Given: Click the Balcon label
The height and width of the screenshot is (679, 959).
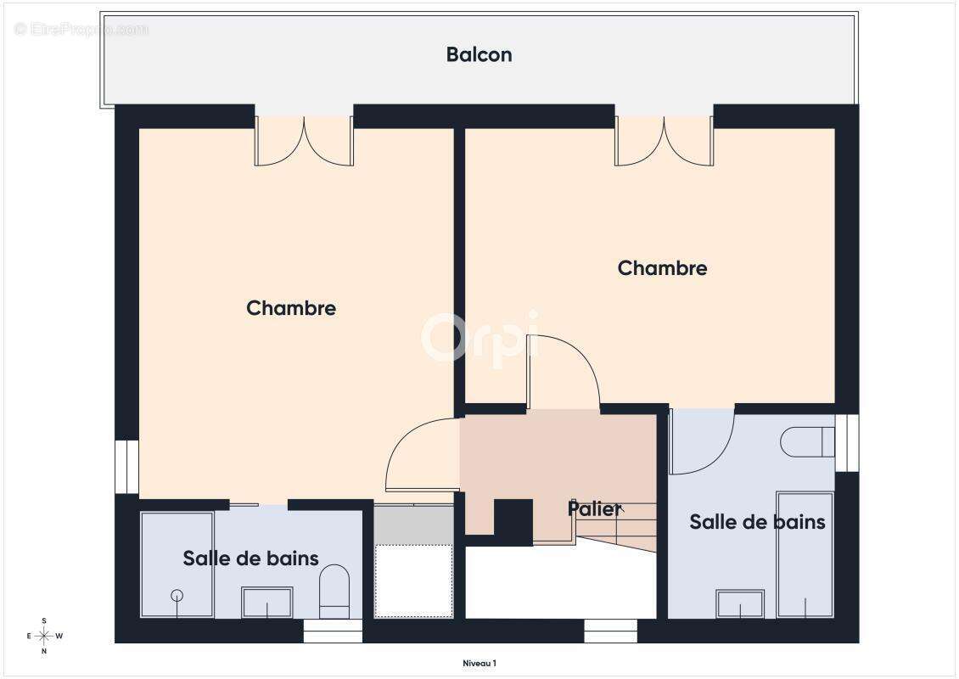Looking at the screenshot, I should pyautogui.click(x=479, y=55).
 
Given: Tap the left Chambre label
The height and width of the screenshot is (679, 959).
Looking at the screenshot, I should pyautogui.click(x=291, y=308).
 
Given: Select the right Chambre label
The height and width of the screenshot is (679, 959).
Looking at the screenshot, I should pyautogui.click(x=662, y=268).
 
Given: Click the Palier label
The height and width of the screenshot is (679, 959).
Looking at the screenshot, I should pyautogui.click(x=594, y=508).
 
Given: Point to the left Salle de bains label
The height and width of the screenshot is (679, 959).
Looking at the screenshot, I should pyautogui.click(x=250, y=558).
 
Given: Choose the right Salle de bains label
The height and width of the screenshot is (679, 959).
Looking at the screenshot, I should pyautogui.click(x=757, y=522).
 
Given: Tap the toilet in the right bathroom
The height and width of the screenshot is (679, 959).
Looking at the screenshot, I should pyautogui.click(x=806, y=441).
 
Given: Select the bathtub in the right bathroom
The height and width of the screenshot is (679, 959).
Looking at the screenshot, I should pyautogui.click(x=805, y=553).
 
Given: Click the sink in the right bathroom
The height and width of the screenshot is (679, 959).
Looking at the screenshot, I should pyautogui.click(x=740, y=603).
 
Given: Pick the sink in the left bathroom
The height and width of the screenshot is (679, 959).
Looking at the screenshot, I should pyautogui.click(x=266, y=602).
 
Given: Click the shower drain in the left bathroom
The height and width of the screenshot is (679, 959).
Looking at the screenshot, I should pyautogui.click(x=177, y=594).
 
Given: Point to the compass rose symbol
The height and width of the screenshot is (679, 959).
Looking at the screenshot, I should pyautogui.click(x=44, y=636).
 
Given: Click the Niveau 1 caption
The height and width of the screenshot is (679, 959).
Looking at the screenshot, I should pyautogui.click(x=479, y=664).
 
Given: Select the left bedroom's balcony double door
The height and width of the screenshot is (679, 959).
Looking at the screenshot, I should pyautogui.click(x=304, y=140).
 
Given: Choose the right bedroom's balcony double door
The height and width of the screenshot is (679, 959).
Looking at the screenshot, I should pyautogui.click(x=664, y=140).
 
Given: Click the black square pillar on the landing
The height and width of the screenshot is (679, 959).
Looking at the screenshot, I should pyautogui.click(x=513, y=521).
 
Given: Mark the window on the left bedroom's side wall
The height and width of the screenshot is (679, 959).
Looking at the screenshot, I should pyautogui.click(x=126, y=466).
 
